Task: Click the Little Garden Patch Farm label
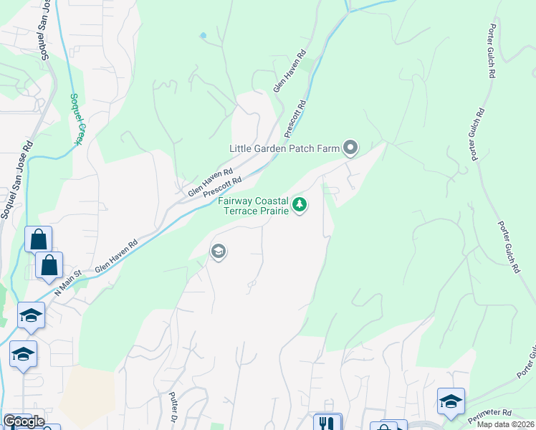(283, 148)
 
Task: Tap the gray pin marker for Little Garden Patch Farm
(350, 148)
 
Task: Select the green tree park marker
(300, 206)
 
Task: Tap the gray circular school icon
(218, 251)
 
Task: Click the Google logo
(24, 421)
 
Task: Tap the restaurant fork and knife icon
(327, 423)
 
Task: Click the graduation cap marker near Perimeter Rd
(451, 401)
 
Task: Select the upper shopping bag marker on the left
(38, 239)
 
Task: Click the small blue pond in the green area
(204, 35)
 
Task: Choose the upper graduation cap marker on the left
(31, 315)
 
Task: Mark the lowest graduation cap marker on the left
(23, 354)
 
